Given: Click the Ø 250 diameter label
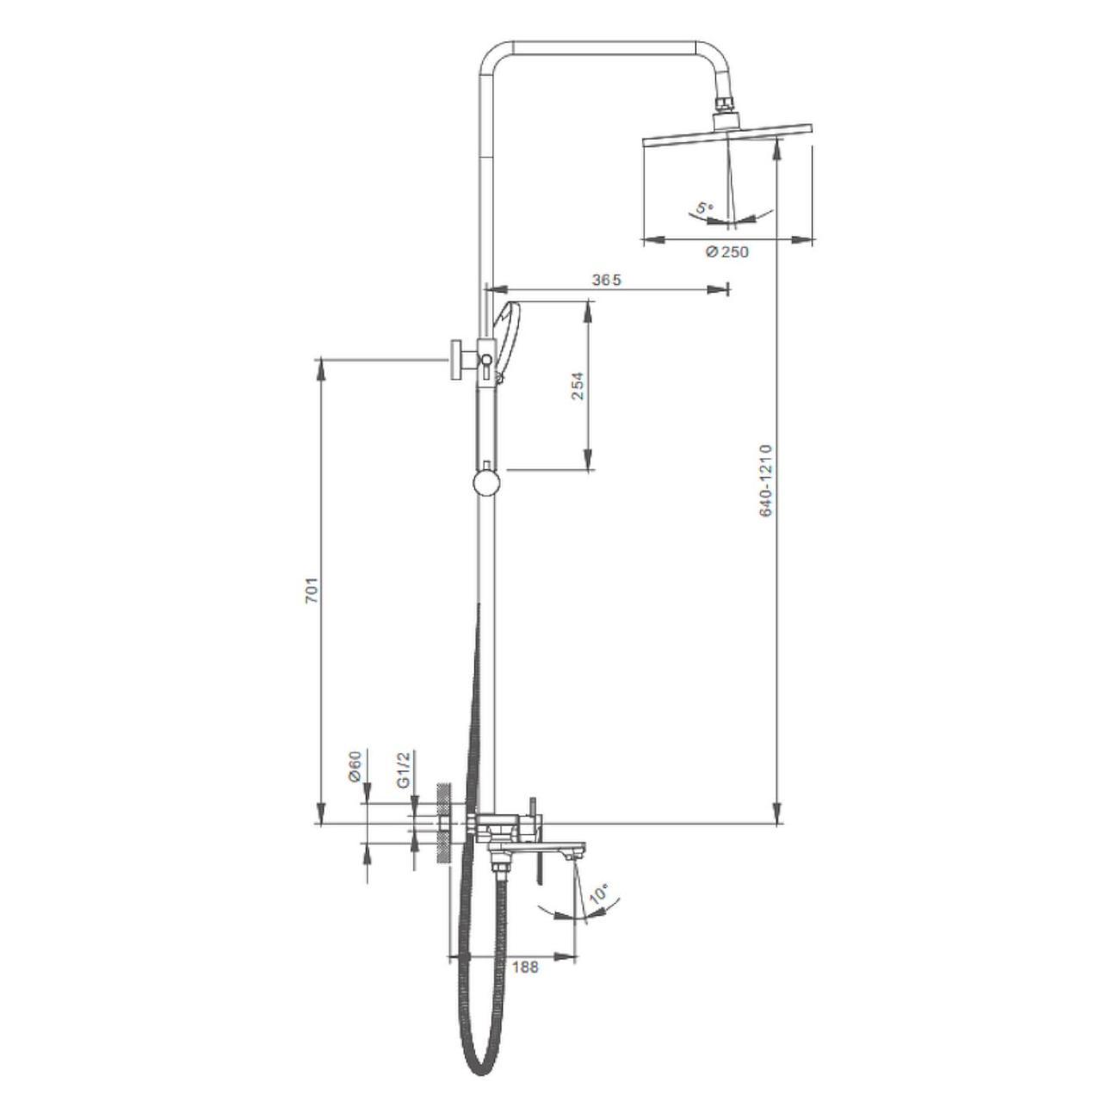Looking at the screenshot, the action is (727, 251).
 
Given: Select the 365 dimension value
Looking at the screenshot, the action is (606, 280).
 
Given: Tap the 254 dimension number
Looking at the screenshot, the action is (578, 386).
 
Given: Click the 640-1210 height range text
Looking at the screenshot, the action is (766, 480).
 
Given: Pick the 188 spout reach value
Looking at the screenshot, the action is (526, 967).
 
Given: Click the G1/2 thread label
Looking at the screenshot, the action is (404, 769).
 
